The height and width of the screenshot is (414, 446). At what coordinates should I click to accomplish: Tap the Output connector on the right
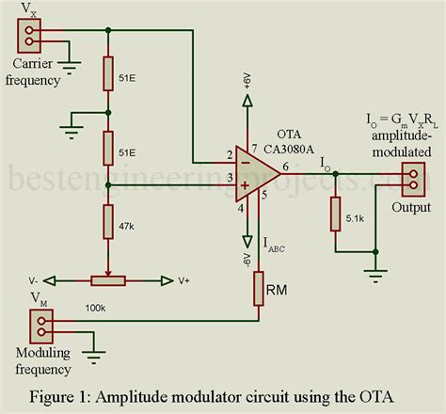pos(412,177)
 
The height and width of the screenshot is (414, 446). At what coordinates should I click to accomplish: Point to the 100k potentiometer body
pos(109,279)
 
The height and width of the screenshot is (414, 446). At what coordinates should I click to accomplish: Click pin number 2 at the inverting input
pos(217,151)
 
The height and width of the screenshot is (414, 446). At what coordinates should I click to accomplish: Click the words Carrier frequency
pos(42,72)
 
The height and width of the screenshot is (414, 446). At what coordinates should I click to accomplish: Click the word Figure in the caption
pos(56,392)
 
